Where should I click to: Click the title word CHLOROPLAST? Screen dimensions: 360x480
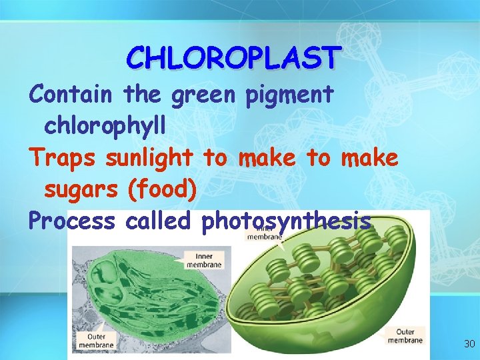coord(233,58)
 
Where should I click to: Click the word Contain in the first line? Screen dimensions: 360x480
coord(70,95)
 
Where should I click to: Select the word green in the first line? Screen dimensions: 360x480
coord(203,95)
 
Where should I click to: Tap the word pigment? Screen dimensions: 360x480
coord(289,95)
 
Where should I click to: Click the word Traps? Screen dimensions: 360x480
coord(61,158)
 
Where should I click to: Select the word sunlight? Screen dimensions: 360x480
coord(149,158)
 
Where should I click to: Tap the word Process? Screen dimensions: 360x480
coord(71,220)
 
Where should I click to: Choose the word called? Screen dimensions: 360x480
coord(157,220)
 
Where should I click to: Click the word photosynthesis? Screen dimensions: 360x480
coord(285,221)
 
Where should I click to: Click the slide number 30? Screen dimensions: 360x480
coord(469,344)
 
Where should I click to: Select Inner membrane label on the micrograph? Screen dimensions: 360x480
coord(204,260)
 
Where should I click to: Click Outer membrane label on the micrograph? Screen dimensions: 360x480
coord(95,339)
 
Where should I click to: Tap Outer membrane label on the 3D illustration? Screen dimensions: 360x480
coord(405,335)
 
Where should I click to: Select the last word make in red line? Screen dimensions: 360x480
coord(369,158)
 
